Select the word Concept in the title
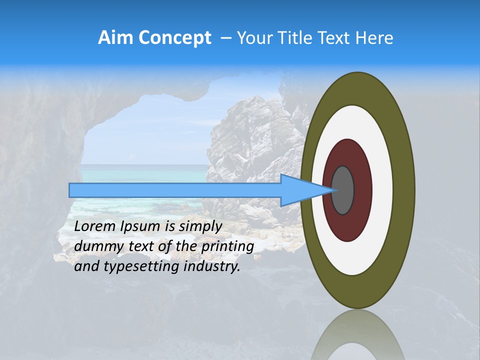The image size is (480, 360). coord(174,38)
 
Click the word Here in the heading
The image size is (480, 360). coord(374,38)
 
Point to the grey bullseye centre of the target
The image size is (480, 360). coord(343,190)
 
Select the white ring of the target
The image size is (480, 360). coord(382,190)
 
